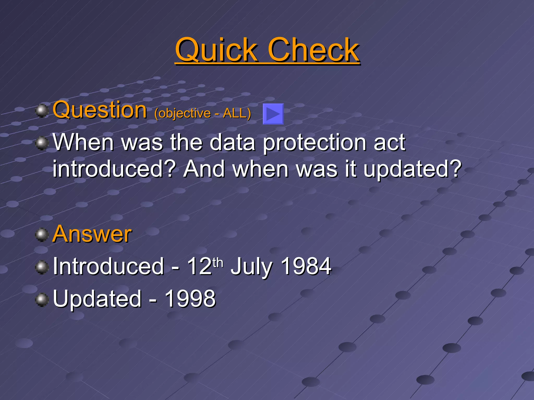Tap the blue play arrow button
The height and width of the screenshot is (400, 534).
point(273,114)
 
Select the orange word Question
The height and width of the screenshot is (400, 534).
point(100,110)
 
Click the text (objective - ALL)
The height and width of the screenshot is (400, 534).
point(203,113)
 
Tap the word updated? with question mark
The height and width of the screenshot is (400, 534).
point(412,169)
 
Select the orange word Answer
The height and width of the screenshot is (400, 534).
point(92,234)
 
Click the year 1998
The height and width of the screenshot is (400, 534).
point(190,298)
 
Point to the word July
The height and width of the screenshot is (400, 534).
point(251,267)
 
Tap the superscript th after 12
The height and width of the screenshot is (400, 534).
point(218,262)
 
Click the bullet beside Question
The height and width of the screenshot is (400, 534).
point(42,111)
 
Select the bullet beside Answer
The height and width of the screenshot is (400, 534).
point(42,235)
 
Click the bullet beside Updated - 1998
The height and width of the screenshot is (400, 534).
point(42,300)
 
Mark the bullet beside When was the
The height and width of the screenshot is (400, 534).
point(42,143)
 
